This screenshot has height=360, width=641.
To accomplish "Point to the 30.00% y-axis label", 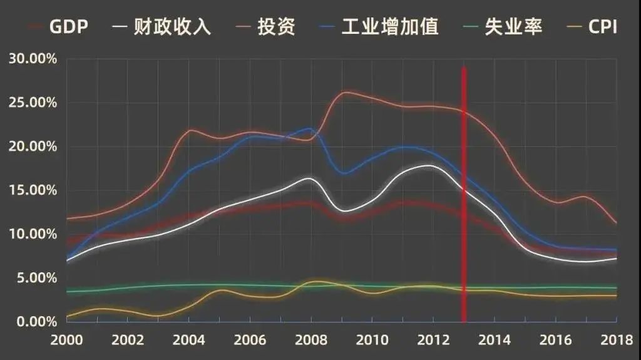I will coord(33,59).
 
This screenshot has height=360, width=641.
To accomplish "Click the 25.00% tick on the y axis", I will coord(33,103).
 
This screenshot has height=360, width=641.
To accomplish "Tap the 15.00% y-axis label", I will coord(33,190).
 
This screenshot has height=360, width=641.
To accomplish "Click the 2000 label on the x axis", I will coord(66,340).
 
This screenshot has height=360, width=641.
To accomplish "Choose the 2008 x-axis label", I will coord(311,340).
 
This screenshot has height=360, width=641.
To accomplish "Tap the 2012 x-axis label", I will coord(433,340).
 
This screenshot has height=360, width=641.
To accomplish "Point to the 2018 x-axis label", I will coord(617,340).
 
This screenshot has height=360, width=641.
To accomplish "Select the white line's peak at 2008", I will coord(310,178).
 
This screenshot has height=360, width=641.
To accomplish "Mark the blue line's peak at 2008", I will coord(310,128).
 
